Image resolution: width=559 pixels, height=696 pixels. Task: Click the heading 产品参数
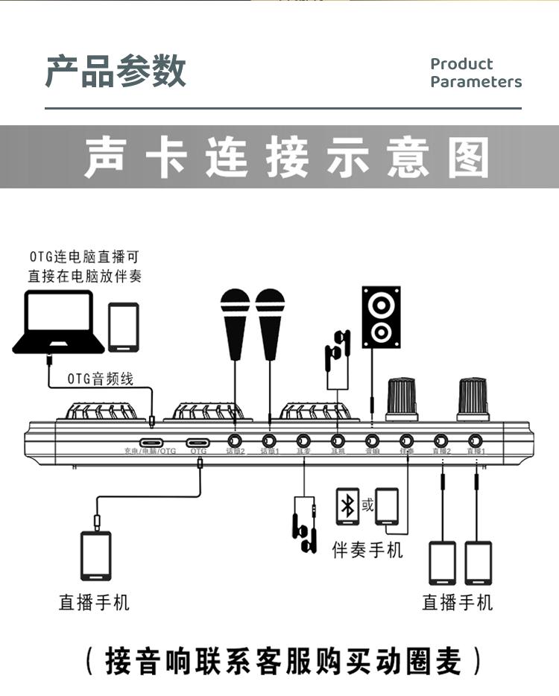click(116, 72)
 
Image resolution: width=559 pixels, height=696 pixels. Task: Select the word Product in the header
click(461, 64)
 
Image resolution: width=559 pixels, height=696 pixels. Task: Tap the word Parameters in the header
click(476, 82)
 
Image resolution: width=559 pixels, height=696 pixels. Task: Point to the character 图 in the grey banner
click(468, 158)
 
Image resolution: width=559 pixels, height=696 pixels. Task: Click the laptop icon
click(59, 322)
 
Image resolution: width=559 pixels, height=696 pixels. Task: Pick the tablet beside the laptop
click(124, 326)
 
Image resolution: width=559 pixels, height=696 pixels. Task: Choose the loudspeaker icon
click(381, 317)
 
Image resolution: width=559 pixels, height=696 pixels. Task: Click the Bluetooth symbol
click(347, 507)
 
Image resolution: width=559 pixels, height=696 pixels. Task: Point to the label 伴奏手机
click(367, 550)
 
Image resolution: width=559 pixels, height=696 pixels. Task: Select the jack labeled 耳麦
click(303, 440)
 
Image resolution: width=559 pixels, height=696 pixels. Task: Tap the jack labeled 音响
click(372, 440)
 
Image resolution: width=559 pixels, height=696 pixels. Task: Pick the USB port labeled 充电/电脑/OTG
click(151, 440)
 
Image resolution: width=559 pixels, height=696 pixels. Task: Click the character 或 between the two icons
click(367, 505)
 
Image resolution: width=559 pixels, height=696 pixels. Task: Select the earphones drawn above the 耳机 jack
click(337, 349)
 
